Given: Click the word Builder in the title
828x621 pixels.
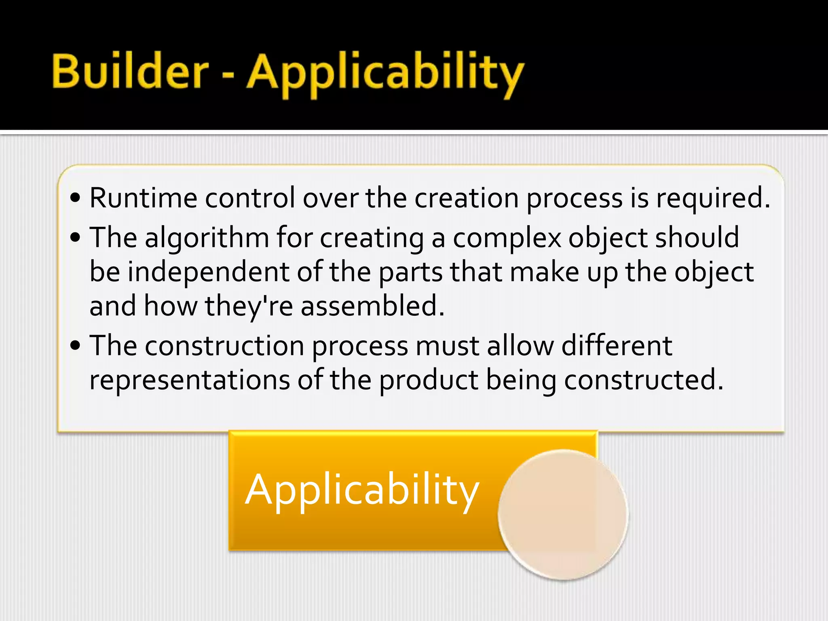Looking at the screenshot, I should (x=130, y=72).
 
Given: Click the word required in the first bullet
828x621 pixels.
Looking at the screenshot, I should (x=712, y=199).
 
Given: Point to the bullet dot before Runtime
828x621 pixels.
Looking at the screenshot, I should (x=76, y=199).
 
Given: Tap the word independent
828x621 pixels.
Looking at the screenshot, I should (x=209, y=272).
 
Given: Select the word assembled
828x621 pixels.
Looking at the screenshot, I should (x=372, y=306).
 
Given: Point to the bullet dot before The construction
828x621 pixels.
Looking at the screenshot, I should (x=76, y=346).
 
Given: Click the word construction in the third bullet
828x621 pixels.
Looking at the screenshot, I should (x=224, y=346).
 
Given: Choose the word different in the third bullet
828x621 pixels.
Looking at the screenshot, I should (x=617, y=346).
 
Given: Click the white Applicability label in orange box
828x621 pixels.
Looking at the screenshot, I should (x=362, y=490).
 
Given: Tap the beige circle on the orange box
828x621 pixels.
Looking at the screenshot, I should (x=563, y=515).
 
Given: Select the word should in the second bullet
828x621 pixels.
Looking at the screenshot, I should (x=697, y=237).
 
